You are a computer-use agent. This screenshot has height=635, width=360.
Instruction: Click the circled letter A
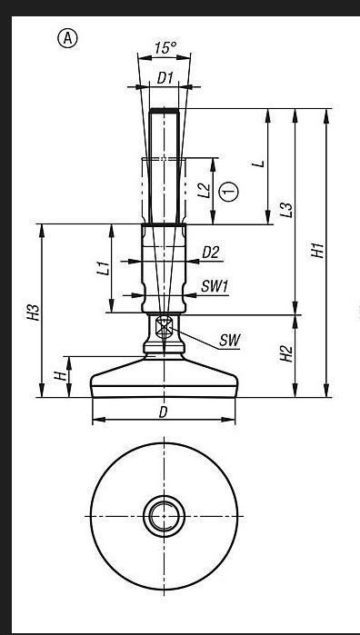point(67,39)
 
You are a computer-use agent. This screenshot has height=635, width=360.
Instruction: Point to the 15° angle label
point(165,48)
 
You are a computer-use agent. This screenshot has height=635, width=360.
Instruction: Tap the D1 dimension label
point(165,78)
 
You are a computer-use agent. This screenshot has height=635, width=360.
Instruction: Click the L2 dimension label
point(205,190)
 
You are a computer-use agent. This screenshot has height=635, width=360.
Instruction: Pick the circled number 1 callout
point(229,191)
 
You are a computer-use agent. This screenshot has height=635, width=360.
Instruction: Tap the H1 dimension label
point(318,250)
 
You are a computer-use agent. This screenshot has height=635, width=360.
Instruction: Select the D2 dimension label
point(210,253)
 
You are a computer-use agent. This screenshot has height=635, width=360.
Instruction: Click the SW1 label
point(215,287)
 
